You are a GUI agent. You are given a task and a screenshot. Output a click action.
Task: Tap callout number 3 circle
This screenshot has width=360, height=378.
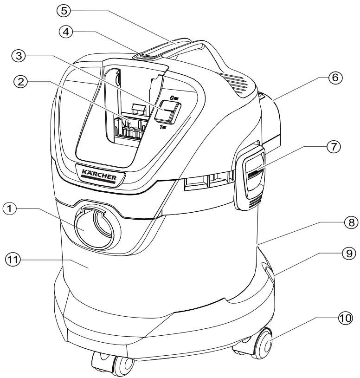pyautogui.click(x=19, y=56)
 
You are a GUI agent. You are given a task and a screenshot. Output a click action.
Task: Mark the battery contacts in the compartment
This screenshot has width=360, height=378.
pyautogui.click(x=131, y=128)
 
